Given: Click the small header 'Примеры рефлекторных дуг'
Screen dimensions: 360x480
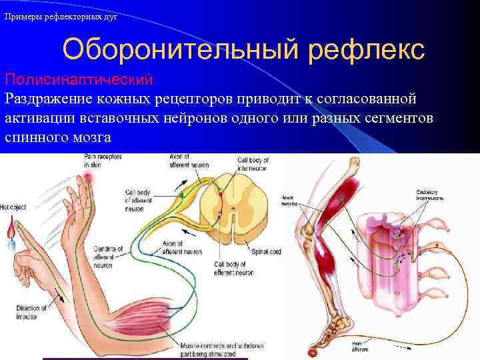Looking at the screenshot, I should tap(61, 17).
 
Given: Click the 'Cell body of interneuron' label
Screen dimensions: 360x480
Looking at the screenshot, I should tap(254, 164).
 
